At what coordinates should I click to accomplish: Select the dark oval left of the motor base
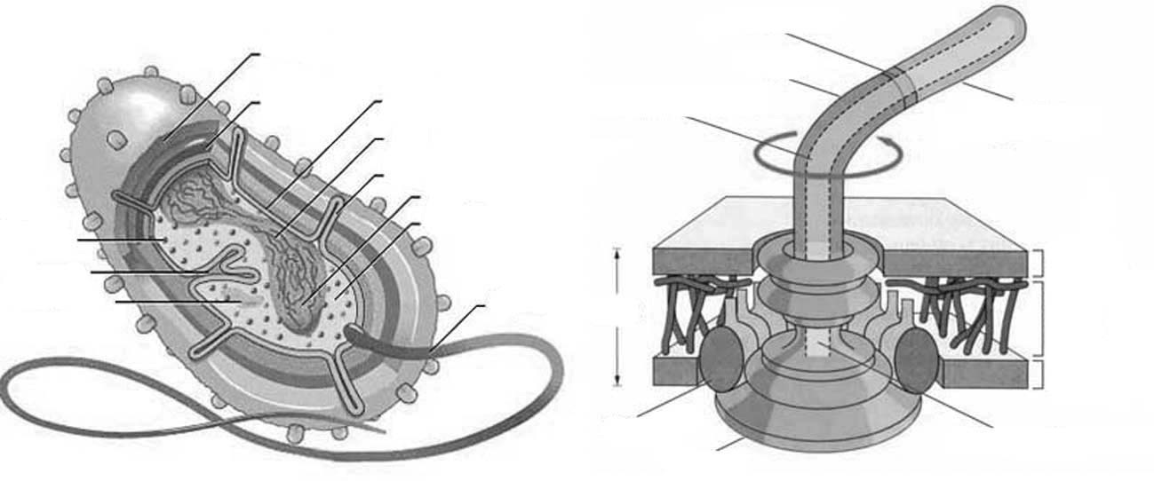coord(724,359)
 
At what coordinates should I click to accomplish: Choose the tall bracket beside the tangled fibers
coord(1042,317)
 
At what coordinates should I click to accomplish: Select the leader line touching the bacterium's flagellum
coord(458,329)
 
